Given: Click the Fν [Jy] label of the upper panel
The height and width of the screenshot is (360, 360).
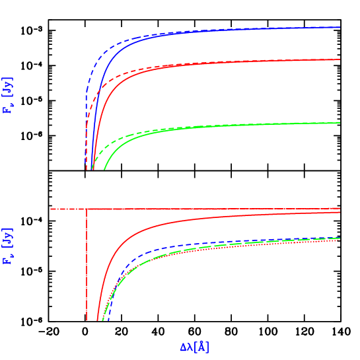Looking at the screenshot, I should [8, 95].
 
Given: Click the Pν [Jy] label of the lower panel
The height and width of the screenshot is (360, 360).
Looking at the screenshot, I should [8, 246].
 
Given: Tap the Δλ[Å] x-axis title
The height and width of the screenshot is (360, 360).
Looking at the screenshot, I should [194, 347].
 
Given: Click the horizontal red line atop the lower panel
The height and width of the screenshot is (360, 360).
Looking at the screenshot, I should [198, 209].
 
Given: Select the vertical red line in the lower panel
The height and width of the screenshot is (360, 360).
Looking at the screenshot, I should [87, 264].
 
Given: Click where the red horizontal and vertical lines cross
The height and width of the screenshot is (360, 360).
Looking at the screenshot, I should [87, 209].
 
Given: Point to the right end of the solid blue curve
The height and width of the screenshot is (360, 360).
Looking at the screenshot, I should [340, 28].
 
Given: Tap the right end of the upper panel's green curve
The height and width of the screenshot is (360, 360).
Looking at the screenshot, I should [340, 122].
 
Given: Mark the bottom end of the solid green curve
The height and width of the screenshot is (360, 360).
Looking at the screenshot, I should [104, 169].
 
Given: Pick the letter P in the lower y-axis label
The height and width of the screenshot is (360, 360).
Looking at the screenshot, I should [8, 260].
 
